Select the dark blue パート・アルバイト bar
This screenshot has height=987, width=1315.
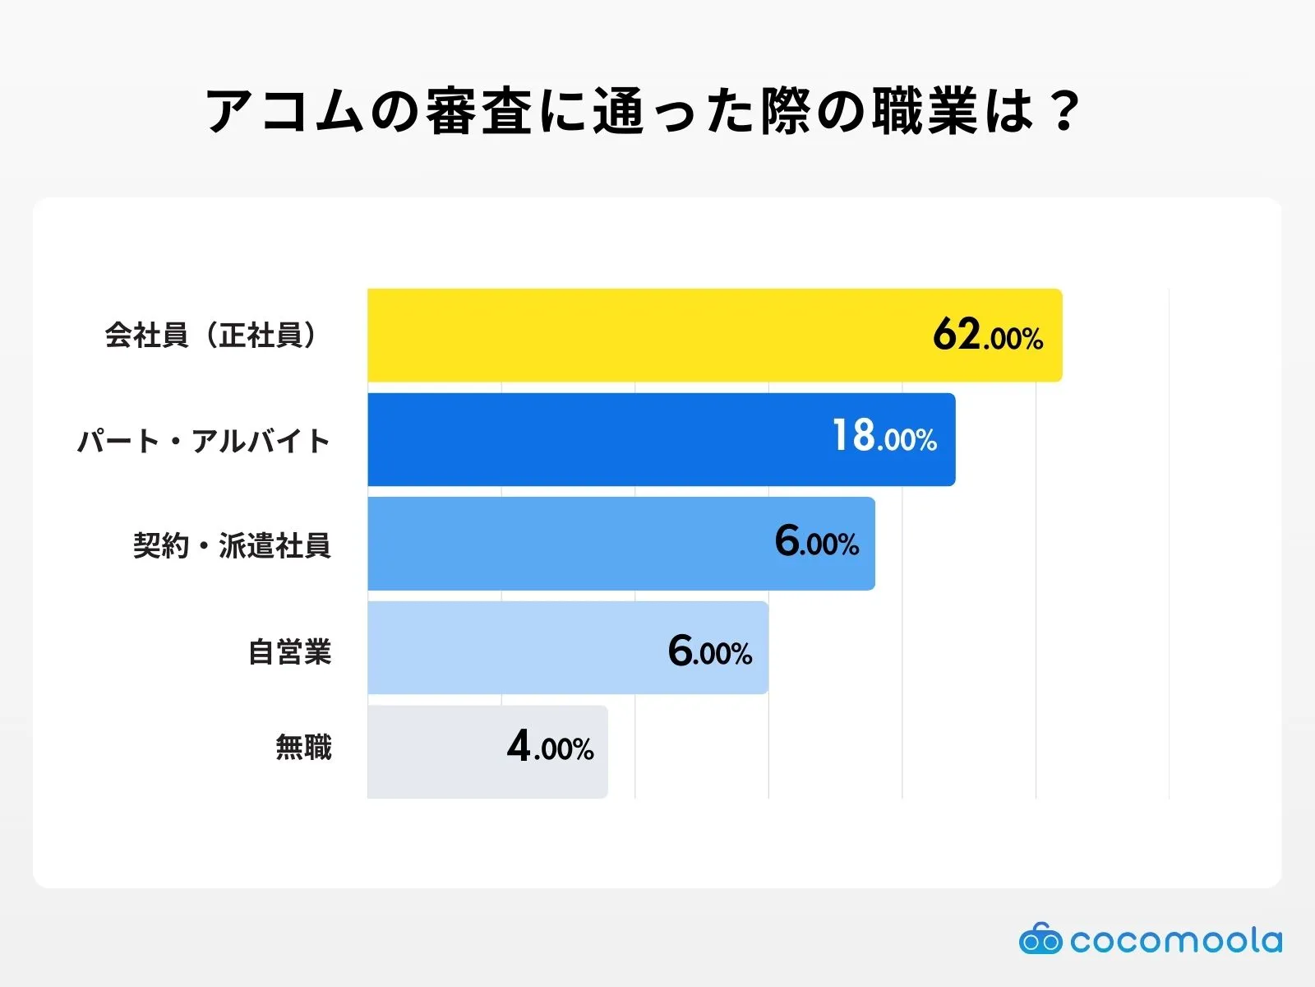point(592,439)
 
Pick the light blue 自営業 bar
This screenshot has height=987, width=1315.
point(510,648)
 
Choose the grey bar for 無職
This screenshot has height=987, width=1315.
point(436,752)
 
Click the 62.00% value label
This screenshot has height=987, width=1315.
point(988,336)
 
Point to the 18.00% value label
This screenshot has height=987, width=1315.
point(884,436)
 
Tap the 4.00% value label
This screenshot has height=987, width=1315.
point(550,748)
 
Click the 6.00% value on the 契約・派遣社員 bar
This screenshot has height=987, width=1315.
point(817,542)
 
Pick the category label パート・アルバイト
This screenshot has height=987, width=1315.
point(204,442)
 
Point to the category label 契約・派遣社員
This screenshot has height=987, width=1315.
point(232,545)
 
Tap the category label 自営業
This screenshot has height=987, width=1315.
point(289,652)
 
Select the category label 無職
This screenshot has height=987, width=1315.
point(303,748)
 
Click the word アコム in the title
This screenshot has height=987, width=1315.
point(284,111)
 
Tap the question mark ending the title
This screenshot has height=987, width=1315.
point(1064,111)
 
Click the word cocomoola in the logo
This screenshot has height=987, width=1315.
point(1176,940)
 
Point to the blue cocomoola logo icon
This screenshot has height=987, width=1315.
point(1040,938)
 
